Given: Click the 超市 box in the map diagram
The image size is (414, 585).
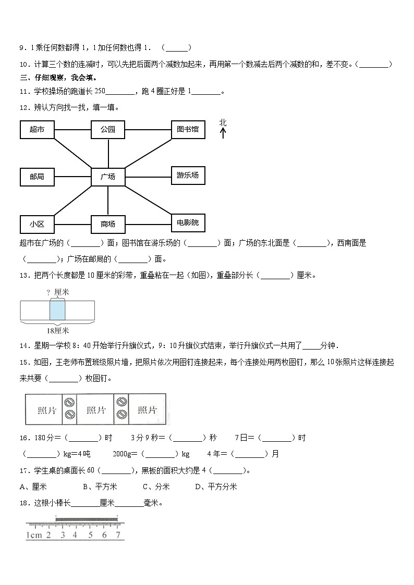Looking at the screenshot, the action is pos(37,129).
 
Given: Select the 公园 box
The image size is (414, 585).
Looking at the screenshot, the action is pos(108,129).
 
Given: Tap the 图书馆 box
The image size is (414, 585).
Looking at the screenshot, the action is pos(188,129).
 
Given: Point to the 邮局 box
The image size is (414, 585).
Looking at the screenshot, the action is pos(37,177).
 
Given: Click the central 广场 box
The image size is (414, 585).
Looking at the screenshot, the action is pos(108,177).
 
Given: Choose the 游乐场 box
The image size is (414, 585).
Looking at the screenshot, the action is pos(188,175).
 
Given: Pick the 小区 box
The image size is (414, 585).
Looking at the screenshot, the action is pos(37,224).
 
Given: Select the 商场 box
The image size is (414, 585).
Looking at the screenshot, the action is pos(108,224).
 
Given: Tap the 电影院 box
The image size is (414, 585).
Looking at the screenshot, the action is pos(188,222).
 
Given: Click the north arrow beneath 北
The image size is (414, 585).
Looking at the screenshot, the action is pos(223,133).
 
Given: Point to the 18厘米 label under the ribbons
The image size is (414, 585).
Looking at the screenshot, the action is pos(57,330).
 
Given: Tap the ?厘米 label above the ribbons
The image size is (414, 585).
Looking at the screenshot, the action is pos(57,292).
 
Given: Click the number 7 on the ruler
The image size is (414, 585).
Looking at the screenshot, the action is pos(118,535).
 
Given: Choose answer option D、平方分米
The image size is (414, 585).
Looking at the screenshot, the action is pos(216,487).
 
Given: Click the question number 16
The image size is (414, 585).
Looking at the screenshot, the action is pos(23,438).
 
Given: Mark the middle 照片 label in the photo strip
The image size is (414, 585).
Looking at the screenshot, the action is pos(95,410).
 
